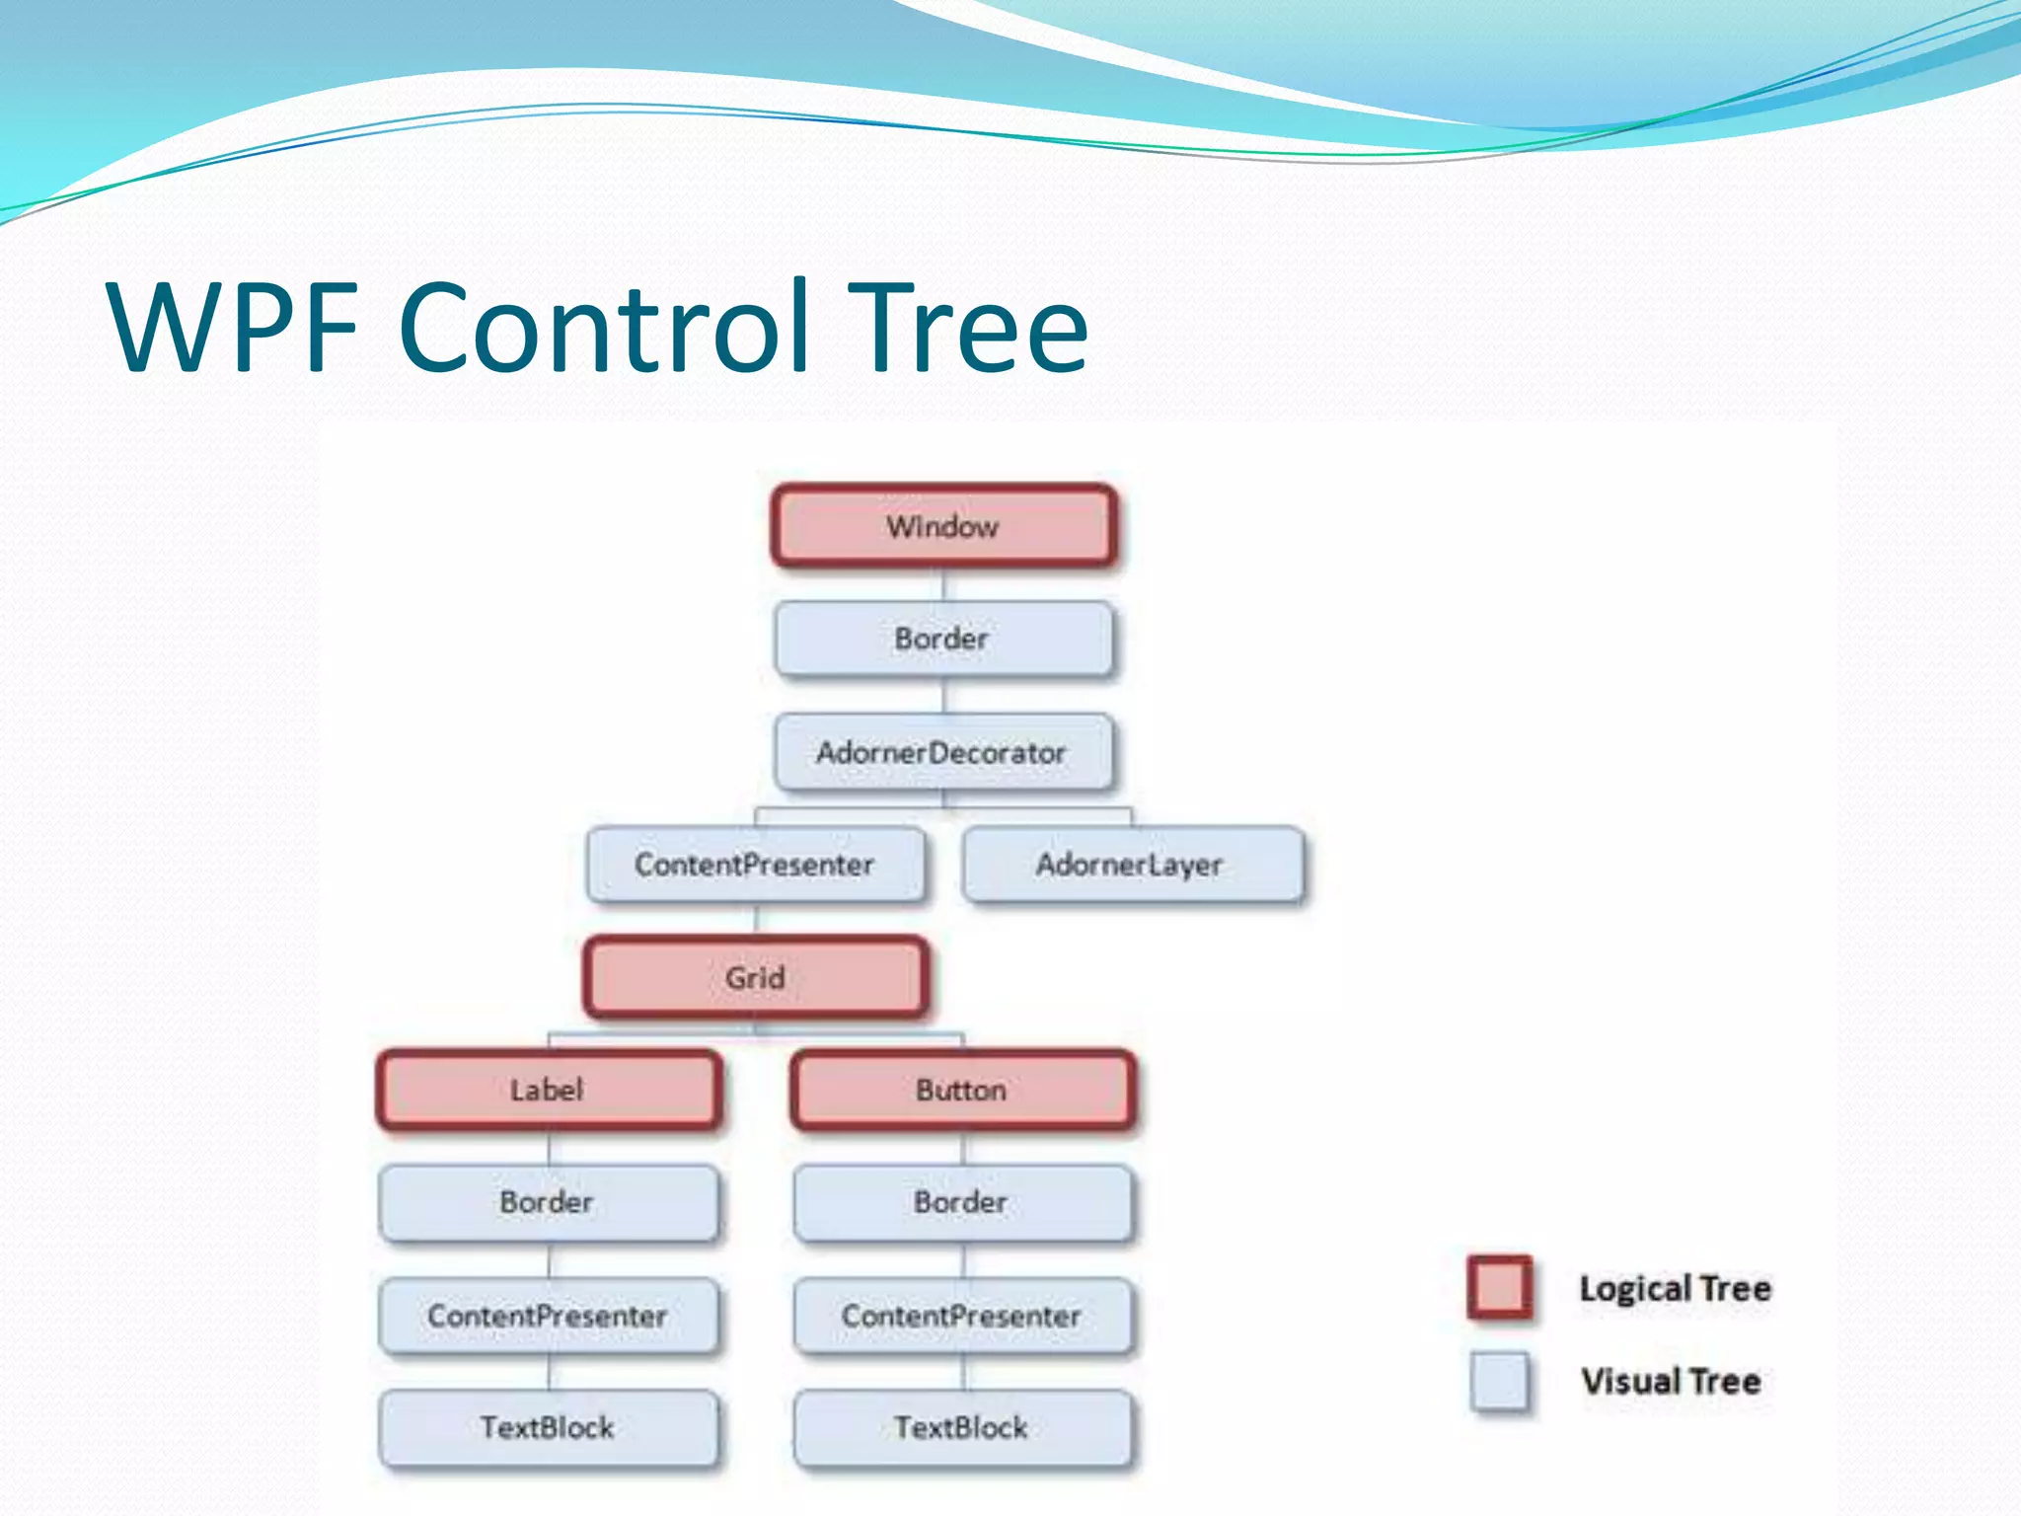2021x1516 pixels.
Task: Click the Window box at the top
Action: pos(943,526)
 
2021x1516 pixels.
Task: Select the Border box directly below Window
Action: pos(943,639)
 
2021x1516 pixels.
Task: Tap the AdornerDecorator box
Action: pos(943,752)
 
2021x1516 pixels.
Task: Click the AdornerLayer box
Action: pos(1132,865)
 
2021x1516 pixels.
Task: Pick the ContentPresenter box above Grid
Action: pos(756,865)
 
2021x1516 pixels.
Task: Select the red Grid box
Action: pos(756,977)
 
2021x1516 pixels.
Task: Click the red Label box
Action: pos(549,1090)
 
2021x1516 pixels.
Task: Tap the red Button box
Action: pos(963,1090)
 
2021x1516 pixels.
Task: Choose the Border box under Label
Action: pos(549,1202)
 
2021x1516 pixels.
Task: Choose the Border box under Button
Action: pos(963,1202)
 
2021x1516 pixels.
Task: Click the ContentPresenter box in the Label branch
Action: pos(549,1316)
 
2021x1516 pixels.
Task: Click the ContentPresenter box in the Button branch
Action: pos(963,1316)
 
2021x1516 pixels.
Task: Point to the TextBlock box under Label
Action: pos(549,1427)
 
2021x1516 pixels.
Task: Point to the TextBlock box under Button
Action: pos(963,1427)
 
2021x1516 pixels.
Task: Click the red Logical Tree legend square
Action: pos(1499,1287)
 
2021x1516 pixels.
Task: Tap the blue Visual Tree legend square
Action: pos(1499,1380)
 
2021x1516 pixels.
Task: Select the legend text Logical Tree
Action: pos(1675,1288)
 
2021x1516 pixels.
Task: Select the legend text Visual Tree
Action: pos(1671,1381)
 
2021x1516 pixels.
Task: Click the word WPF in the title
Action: pos(234,328)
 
